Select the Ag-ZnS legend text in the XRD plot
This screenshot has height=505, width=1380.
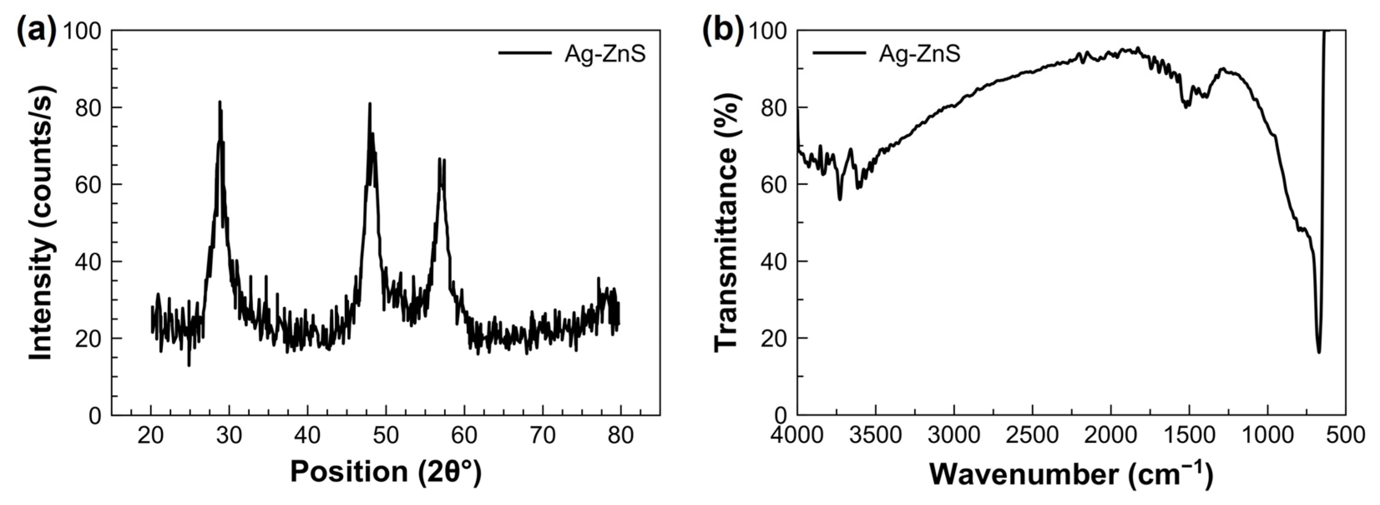[605, 54]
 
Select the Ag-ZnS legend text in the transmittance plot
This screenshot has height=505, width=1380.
[919, 54]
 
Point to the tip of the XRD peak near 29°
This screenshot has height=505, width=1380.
[219, 102]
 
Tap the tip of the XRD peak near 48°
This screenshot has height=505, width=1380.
[369, 104]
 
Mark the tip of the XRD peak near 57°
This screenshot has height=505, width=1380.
[439, 159]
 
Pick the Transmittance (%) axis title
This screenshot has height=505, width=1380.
[727, 222]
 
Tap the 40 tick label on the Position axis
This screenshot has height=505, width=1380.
[307, 435]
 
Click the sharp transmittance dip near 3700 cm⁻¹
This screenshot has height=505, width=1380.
[839, 199]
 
